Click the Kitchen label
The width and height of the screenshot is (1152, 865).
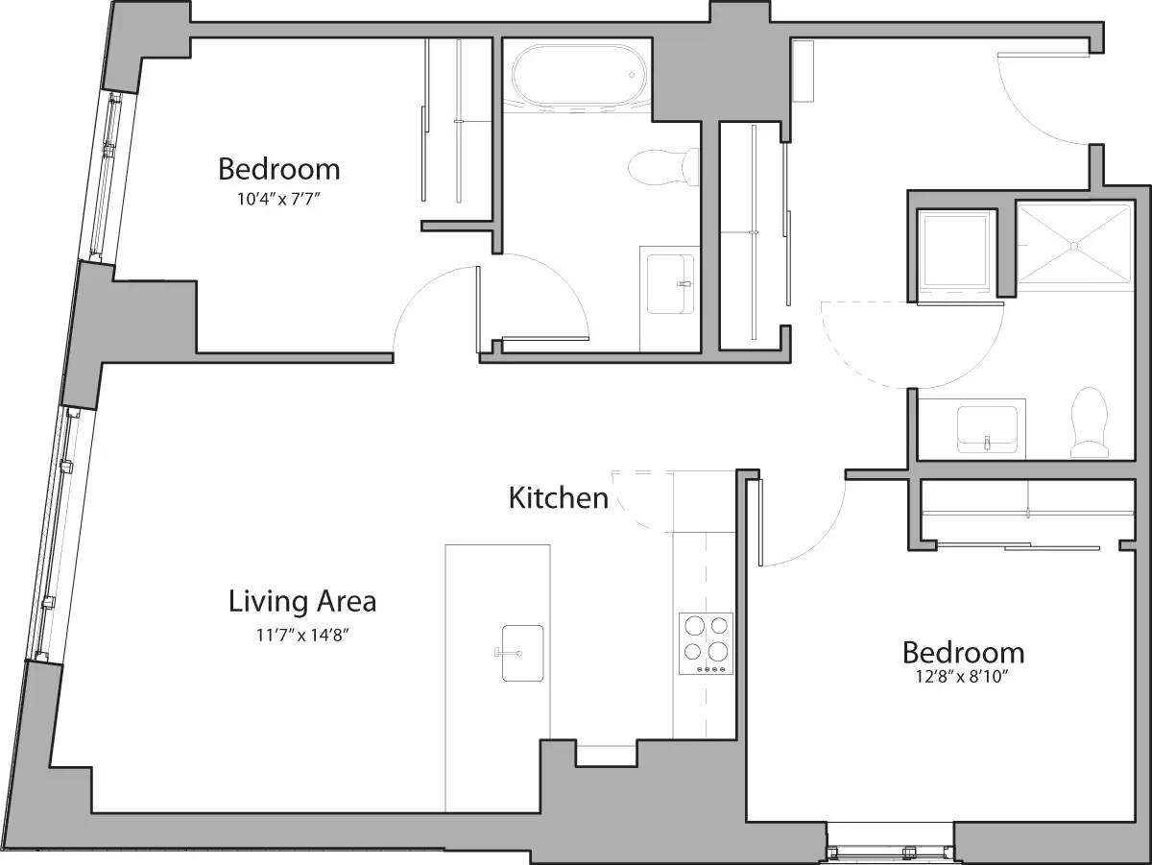click(x=558, y=498)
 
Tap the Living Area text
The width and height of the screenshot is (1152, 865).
click(x=301, y=602)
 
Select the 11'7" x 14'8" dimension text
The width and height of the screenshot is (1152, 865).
click(x=301, y=634)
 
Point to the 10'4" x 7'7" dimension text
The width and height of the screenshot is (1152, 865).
click(x=278, y=200)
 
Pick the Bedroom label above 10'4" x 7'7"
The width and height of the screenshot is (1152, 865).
click(x=278, y=169)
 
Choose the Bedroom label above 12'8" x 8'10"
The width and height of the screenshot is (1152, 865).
click(x=963, y=653)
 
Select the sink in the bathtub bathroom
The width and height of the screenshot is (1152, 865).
click(x=670, y=284)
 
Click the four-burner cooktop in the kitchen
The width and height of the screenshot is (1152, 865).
click(x=706, y=643)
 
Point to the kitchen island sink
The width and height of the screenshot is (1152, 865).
click(x=521, y=653)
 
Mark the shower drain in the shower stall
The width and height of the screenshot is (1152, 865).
click(x=1073, y=246)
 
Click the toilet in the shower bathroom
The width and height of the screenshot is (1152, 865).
click(x=1090, y=422)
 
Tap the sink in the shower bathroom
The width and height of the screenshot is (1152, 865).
click(x=987, y=427)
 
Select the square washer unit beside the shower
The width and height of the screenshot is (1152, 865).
click(x=954, y=252)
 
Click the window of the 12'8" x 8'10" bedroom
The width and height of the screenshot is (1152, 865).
click(x=890, y=851)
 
